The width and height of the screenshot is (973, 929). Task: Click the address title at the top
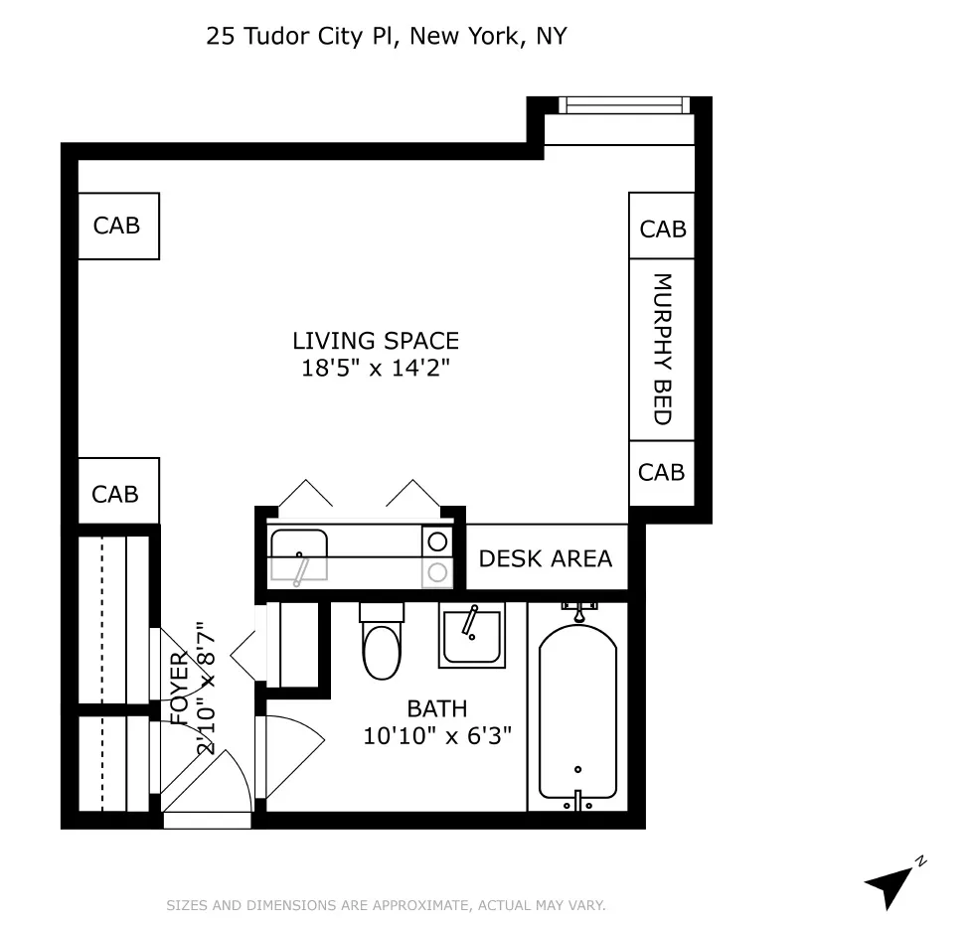click(386, 37)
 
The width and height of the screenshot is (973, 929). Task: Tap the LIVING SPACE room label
click(376, 341)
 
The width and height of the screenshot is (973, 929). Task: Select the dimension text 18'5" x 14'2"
click(376, 368)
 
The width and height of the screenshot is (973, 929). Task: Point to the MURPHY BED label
click(662, 349)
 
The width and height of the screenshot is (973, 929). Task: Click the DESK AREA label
click(546, 558)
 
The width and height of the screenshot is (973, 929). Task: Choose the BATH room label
click(437, 708)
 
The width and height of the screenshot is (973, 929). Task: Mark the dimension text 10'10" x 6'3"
click(437, 736)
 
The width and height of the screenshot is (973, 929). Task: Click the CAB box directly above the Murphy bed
click(662, 229)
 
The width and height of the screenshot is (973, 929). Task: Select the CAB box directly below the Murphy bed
click(662, 471)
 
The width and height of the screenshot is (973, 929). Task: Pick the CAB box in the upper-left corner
click(117, 226)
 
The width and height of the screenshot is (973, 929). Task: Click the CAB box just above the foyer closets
click(116, 493)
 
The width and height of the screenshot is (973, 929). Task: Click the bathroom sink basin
click(471, 636)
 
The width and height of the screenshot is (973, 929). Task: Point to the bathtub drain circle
click(577, 768)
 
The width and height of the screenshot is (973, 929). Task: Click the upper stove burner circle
click(436, 542)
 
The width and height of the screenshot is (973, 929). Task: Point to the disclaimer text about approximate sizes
click(386, 905)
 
